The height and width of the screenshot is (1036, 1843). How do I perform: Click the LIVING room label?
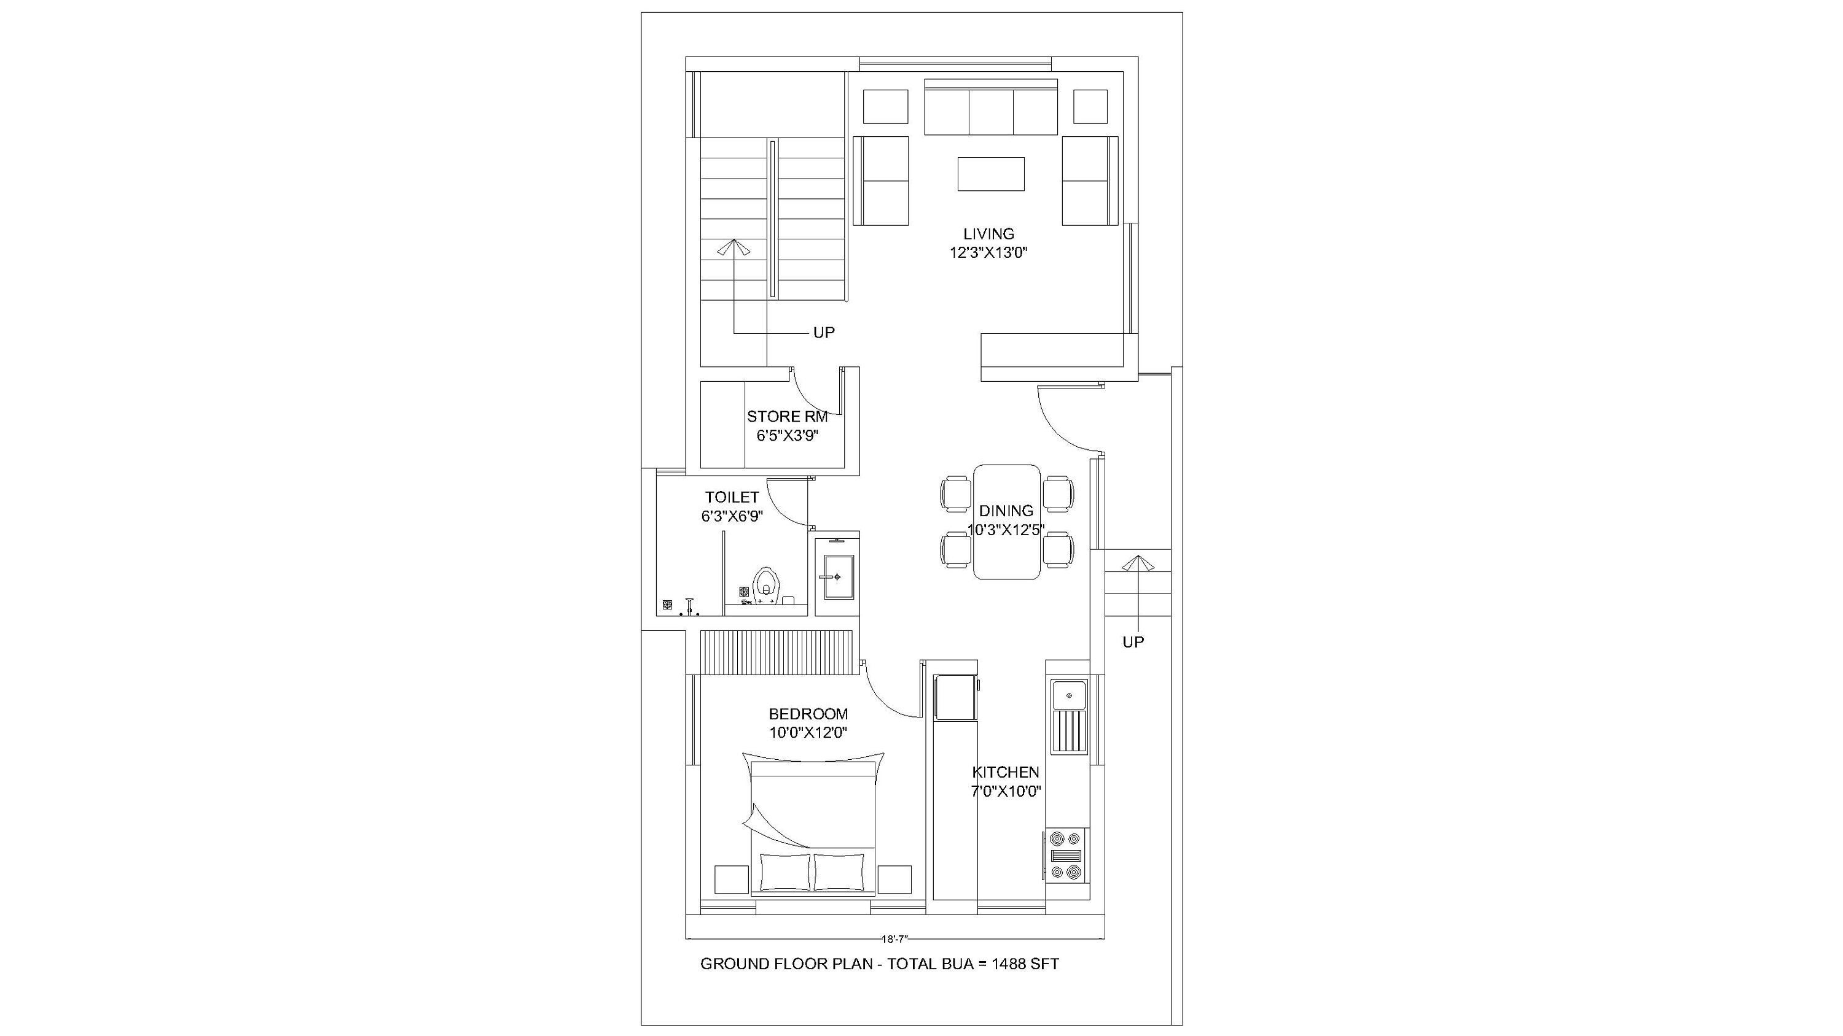coord(988,234)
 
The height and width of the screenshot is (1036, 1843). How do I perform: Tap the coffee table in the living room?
coord(990,174)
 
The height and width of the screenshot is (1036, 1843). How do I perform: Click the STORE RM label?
coord(787,417)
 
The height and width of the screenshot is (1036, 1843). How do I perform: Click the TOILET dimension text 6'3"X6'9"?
coord(732,516)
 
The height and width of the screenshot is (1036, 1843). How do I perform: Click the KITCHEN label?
coord(1005,772)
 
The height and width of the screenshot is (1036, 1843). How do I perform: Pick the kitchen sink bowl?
coord(1069,695)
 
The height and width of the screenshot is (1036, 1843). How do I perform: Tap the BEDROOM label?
coord(808,714)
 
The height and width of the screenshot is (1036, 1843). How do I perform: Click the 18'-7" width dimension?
coord(894,940)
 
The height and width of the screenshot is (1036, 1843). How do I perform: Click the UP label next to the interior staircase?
coord(823,333)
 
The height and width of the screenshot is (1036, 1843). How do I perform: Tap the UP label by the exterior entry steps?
coord(1133,642)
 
